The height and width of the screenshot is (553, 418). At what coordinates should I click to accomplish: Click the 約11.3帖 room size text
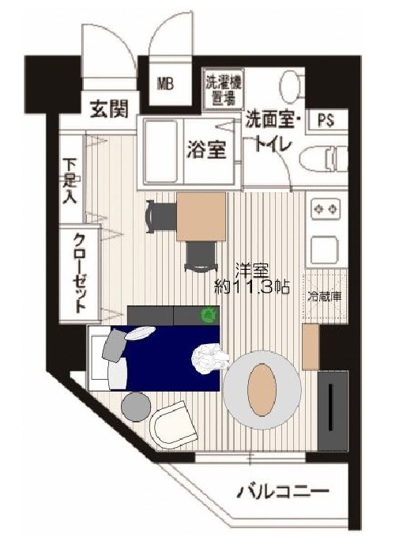point(251,287)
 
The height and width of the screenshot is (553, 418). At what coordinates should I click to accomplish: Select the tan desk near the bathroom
point(201,216)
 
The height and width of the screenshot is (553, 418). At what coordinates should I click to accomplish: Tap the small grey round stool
point(137,406)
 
